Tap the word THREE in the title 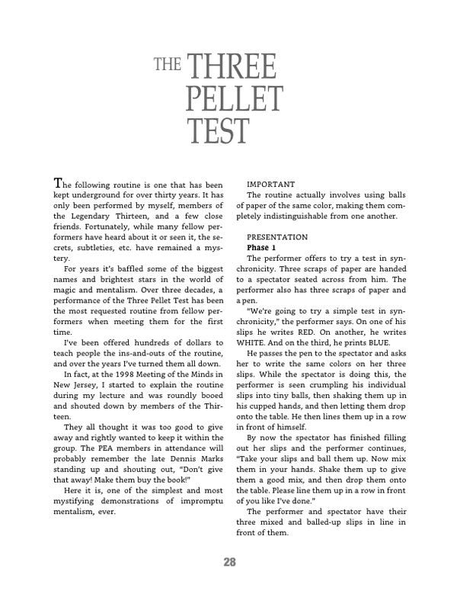click(x=231, y=71)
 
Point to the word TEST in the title click(x=217, y=131)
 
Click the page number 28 click(x=228, y=563)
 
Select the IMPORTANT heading click(x=272, y=185)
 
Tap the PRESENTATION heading click(x=277, y=237)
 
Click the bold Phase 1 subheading click(x=264, y=248)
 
